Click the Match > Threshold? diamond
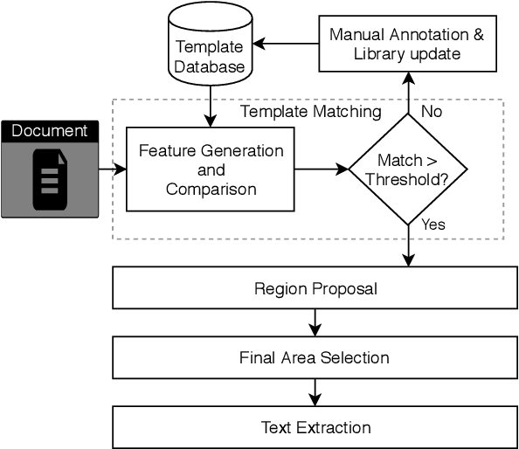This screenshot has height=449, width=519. (408, 169)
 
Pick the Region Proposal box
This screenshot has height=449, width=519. (315, 288)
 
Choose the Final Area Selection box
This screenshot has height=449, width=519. (315, 357)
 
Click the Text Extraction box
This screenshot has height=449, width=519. (315, 427)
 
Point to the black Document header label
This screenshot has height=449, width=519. (49, 131)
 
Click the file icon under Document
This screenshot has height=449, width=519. (49, 180)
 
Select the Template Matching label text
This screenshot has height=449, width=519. (310, 112)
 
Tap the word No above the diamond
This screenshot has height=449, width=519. (432, 112)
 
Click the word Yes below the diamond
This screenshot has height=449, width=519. (433, 224)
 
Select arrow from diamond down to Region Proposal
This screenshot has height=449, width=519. (408, 245)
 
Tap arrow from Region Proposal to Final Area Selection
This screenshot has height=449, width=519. (315, 323)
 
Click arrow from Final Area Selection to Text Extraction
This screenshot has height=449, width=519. (315, 392)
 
